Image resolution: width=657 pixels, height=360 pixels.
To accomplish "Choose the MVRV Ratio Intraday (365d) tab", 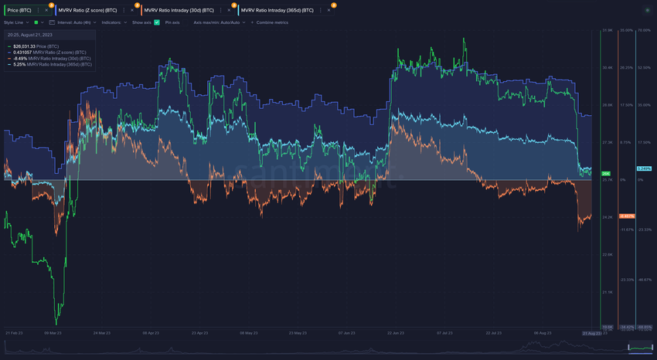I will (277, 9).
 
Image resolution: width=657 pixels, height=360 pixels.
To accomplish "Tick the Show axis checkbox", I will (157, 23).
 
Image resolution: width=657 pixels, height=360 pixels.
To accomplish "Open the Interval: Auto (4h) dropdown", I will (73, 23).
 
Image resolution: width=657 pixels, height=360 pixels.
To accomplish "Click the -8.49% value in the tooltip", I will (21, 58).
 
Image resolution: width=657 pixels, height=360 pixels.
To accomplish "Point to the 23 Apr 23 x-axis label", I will (199, 333).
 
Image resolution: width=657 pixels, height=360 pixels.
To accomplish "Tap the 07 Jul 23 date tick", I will (444, 333).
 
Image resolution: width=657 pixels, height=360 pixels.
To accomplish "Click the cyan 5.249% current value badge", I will (644, 168).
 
